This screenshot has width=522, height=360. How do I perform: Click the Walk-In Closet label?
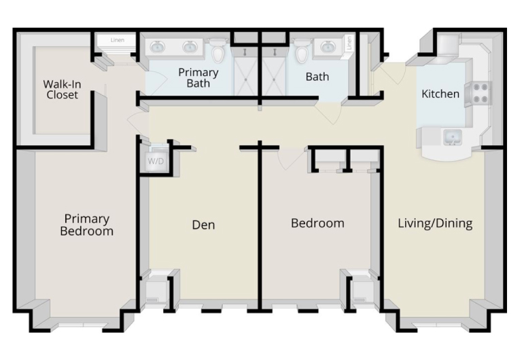[x=62, y=89]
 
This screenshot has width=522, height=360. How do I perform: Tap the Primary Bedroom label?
[x=86, y=225]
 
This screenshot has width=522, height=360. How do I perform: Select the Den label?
[x=203, y=225]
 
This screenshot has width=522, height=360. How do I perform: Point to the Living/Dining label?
[x=435, y=223]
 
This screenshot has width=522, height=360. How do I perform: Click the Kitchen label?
[x=440, y=94]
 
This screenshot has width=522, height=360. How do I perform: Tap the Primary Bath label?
[x=198, y=77]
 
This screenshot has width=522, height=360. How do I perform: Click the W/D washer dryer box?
[x=156, y=162]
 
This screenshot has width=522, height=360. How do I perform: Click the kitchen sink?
[x=453, y=137]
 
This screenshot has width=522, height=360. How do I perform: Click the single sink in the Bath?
[x=330, y=47]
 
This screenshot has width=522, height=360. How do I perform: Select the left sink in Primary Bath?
[x=158, y=47]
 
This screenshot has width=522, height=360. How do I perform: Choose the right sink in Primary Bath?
[x=190, y=47]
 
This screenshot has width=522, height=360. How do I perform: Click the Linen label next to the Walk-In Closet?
[x=117, y=40]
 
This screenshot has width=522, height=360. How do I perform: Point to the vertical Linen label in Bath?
[x=349, y=43]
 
